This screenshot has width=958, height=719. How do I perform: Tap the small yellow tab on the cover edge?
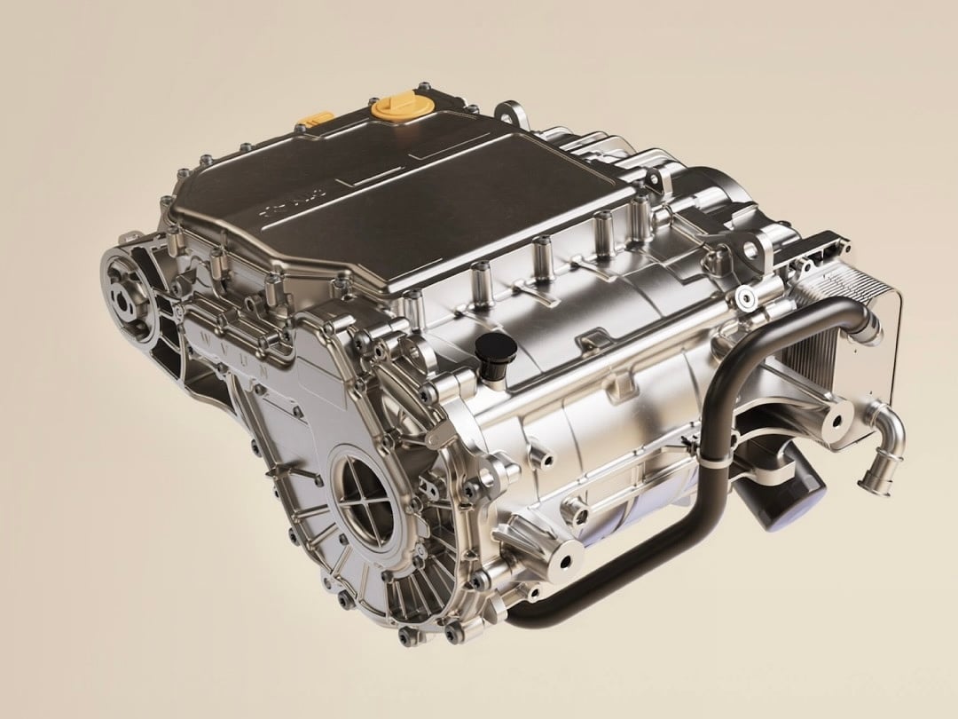[x=315, y=118]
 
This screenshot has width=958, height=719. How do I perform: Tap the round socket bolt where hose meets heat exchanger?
[x=744, y=296]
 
